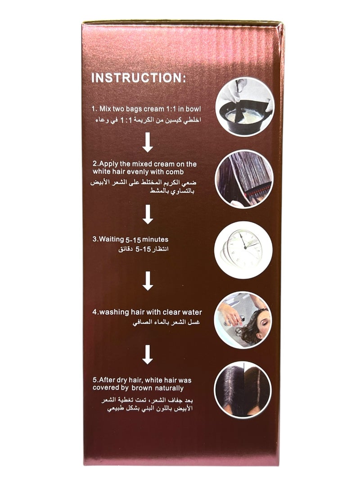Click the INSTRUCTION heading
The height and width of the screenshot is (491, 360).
pos(139,78)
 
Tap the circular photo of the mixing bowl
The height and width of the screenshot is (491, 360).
pos(243,106)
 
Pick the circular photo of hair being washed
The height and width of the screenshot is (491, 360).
pos(243,320)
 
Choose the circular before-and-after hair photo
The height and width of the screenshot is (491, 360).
pos(243,390)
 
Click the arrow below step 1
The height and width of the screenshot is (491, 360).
pos(148,144)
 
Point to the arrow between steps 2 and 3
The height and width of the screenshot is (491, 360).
pos(148,214)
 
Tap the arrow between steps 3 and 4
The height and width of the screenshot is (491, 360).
pos(148,281)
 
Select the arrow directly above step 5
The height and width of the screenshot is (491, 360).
pos(148,354)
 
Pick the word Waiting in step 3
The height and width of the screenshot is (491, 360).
pos(109,239)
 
